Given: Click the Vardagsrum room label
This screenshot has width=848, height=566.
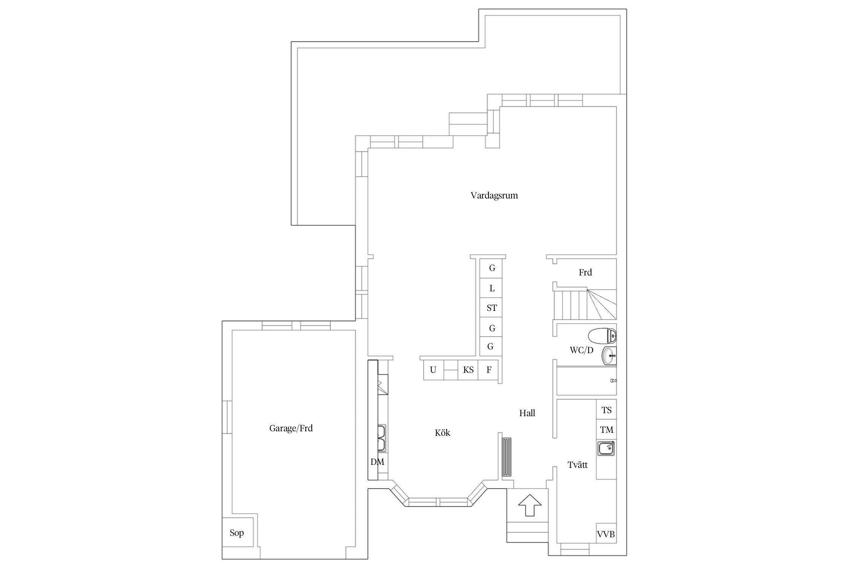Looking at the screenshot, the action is (494, 195).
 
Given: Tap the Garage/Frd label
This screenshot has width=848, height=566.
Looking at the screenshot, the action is (291, 428).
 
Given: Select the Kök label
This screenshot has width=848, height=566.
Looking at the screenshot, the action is (442, 432).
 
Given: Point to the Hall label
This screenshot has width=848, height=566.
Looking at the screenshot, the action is (527, 413).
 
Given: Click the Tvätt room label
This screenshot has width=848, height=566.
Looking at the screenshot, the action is (578, 464).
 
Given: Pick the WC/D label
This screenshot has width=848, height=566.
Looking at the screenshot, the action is (582, 350).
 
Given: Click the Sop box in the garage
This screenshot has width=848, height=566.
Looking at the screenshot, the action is (237, 533).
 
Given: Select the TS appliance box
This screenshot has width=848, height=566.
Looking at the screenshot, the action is (606, 410).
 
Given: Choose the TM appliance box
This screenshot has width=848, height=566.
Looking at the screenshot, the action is (606, 429).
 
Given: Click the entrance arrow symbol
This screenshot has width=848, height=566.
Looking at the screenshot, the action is (530, 504).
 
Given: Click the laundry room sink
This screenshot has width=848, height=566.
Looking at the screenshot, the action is (606, 449).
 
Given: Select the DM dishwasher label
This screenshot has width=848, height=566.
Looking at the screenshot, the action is (377, 461).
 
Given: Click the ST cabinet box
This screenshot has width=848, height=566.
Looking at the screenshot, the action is (491, 308).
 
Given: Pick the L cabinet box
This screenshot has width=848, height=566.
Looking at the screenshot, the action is (491, 288).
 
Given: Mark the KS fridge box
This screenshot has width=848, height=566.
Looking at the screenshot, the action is (468, 370).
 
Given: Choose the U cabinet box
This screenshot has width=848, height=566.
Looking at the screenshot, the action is (433, 370).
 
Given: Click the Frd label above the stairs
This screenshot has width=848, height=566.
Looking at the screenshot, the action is (585, 272).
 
